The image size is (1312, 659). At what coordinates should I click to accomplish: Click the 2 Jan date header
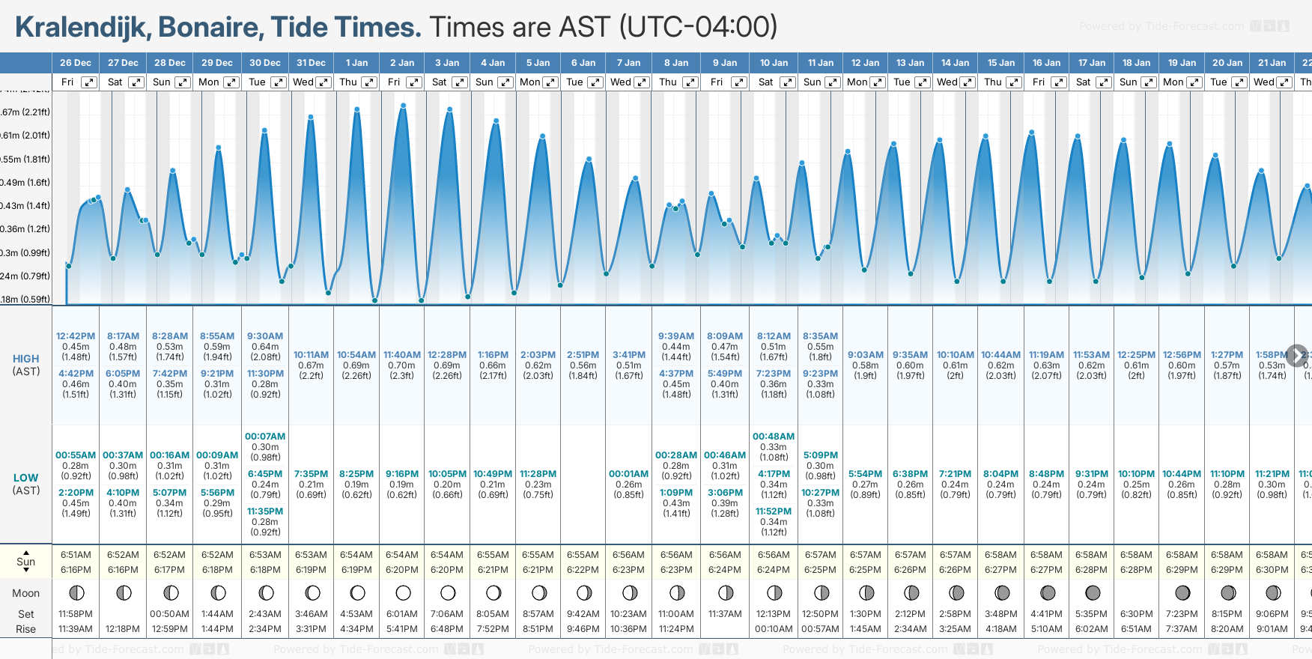402,63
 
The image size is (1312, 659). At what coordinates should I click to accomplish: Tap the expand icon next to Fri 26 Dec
89,82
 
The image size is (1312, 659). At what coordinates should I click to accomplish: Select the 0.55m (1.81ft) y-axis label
25,160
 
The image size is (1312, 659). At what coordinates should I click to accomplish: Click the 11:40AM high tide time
402,355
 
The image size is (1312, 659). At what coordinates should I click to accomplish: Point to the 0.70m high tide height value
402,365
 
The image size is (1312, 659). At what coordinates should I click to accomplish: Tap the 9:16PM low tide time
402,474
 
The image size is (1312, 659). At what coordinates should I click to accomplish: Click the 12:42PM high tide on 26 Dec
76,336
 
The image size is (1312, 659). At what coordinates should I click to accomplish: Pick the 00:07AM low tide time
265,437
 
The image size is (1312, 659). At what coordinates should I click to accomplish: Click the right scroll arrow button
1296,355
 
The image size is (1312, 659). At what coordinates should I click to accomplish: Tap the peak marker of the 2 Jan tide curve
404,106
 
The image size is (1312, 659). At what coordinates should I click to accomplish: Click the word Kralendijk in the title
81,27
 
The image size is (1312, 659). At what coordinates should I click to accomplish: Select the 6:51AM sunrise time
76,555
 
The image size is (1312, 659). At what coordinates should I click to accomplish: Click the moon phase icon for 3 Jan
448,593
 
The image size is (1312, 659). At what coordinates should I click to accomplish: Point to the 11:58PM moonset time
76,614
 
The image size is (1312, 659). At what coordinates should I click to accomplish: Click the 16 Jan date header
1046,63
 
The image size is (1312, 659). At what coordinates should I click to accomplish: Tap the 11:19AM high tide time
1046,355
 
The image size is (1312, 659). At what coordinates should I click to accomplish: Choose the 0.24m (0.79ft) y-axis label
25,276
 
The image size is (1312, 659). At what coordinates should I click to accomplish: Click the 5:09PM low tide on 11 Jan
820,455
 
